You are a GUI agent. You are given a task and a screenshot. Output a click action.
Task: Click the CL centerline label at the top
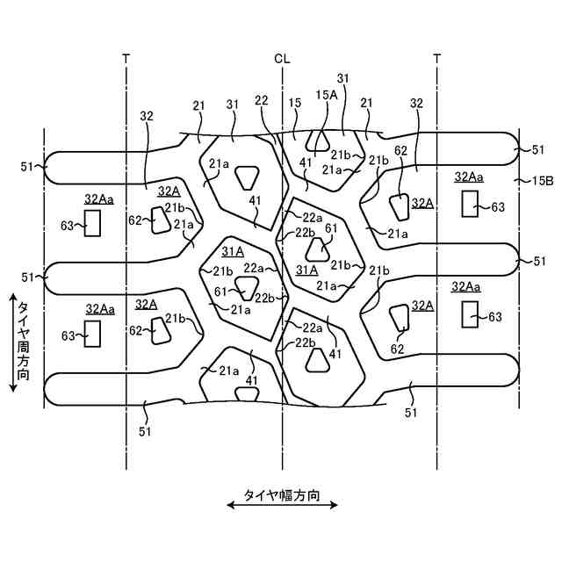[x=281, y=59]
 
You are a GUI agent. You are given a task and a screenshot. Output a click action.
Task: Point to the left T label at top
[x=126, y=59]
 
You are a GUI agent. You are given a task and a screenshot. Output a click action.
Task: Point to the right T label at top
[x=436, y=59]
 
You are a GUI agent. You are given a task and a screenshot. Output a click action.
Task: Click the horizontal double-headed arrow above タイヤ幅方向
[x=281, y=505]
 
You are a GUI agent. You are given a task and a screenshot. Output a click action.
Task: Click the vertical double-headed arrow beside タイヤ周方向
[x=12, y=343]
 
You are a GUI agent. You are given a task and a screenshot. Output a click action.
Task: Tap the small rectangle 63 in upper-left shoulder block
[x=93, y=225]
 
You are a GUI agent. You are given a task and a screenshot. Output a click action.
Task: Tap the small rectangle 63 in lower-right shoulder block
[x=470, y=313]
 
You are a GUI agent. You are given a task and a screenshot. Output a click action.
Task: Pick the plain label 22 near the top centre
[x=261, y=101]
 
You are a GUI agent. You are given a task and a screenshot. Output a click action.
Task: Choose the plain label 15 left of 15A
[x=296, y=102]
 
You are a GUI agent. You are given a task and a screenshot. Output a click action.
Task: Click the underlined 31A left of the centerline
[x=233, y=252]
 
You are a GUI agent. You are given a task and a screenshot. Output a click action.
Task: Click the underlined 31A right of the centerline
[x=307, y=270]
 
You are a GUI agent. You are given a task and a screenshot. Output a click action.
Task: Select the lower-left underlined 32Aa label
[x=100, y=308]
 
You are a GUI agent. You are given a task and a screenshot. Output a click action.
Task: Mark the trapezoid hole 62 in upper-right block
[x=399, y=206]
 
